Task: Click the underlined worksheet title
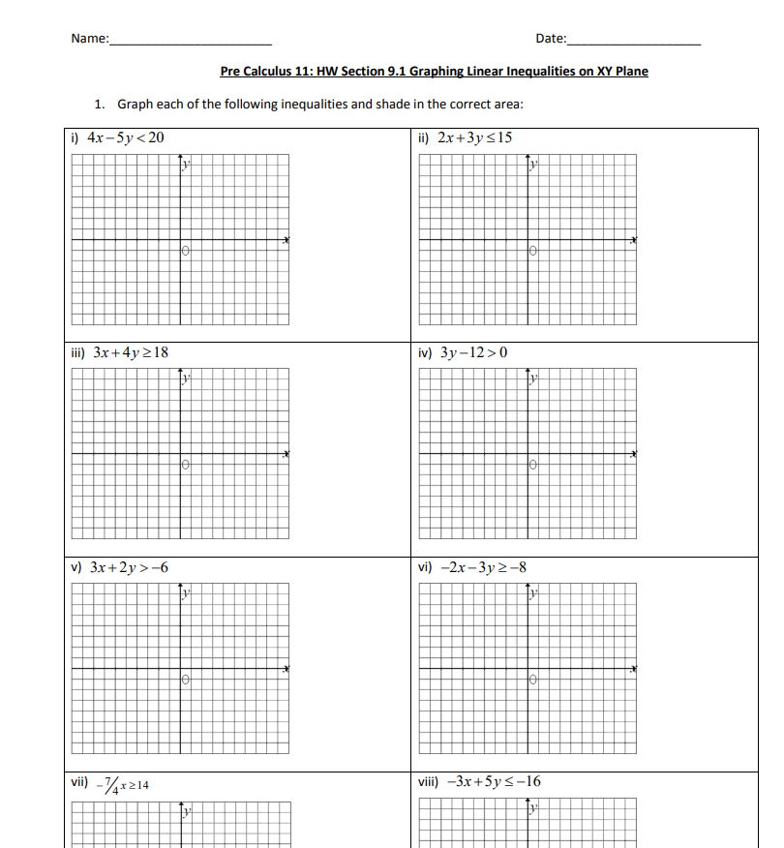point(434,71)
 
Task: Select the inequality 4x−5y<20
point(126,137)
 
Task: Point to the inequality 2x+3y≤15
point(474,137)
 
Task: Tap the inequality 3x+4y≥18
point(131,352)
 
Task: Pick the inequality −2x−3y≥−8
point(483,567)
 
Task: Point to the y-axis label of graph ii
point(532,167)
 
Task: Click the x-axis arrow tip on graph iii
point(286,455)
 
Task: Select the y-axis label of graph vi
point(532,594)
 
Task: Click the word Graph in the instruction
point(136,104)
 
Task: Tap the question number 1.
point(99,104)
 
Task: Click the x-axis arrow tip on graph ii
point(635,240)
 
